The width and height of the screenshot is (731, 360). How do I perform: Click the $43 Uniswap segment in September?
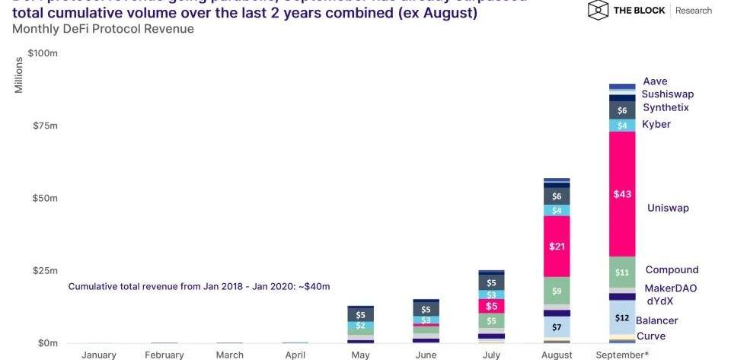622,194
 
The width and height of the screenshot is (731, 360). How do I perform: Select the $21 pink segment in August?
557,246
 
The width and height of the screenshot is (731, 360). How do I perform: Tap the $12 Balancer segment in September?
622,317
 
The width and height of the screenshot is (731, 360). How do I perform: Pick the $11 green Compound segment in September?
622,272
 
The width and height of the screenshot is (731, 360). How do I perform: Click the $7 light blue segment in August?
557,327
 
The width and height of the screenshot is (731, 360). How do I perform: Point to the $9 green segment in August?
557,290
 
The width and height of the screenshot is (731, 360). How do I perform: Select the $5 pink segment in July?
491,306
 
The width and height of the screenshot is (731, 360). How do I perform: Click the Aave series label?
655,81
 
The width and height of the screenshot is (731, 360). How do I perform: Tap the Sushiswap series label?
667,94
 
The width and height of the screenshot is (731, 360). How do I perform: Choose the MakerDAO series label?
670,288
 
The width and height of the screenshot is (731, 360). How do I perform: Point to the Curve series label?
650,336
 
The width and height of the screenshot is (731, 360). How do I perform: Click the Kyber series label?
656,124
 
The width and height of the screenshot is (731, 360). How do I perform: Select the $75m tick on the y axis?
43,126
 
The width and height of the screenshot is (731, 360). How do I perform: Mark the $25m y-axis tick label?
43,271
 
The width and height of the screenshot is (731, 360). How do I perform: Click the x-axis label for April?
295,355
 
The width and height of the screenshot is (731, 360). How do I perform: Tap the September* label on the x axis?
623,355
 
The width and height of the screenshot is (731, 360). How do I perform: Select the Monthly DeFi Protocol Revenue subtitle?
104,29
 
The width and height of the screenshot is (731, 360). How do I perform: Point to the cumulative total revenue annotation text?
199,286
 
